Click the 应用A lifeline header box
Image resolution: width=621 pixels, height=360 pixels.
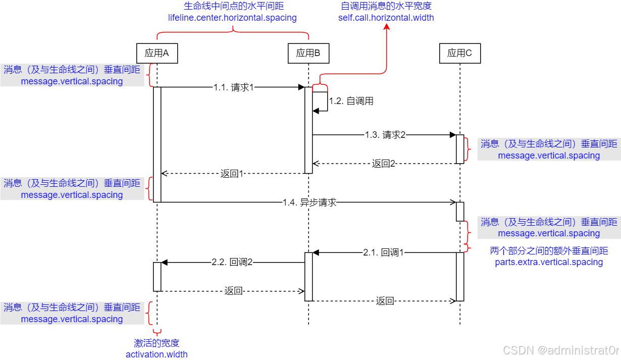pyautogui.click(x=157, y=53)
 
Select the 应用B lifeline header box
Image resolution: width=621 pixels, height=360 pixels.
pyautogui.click(x=308, y=53)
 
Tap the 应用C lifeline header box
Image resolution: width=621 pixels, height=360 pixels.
pyautogui.click(x=459, y=53)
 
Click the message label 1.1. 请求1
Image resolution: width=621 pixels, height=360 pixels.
pyautogui.click(x=233, y=87)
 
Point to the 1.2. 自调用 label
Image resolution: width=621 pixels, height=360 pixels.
pyautogui.click(x=351, y=101)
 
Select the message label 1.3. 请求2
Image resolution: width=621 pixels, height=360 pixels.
pyautogui.click(x=385, y=135)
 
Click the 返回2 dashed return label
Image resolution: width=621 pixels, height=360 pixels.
pyautogui.click(x=384, y=164)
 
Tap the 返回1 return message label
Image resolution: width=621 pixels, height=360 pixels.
pyautogui.click(x=232, y=174)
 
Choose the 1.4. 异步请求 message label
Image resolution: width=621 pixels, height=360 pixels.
pyautogui.click(x=309, y=202)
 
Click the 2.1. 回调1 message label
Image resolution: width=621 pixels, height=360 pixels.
pyautogui.click(x=384, y=252)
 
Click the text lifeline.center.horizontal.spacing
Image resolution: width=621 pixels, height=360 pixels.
pyautogui.click(x=232, y=18)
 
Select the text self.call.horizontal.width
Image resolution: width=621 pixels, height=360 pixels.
pyautogui.click(x=386, y=18)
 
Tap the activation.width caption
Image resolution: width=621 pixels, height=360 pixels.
pyautogui.click(x=157, y=354)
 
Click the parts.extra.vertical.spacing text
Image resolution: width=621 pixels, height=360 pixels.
pyautogui.click(x=549, y=262)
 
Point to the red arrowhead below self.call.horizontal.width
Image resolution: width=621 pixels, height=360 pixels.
pyautogui.click(x=387, y=28)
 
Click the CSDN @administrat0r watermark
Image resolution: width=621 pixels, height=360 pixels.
pyautogui.click(x=561, y=350)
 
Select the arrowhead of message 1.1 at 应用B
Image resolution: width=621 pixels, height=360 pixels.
pyautogui.click(x=301, y=87)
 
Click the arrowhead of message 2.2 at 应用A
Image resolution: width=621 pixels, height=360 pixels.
pyautogui.click(x=164, y=262)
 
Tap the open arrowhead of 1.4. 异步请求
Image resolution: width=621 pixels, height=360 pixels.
pyautogui.click(x=453, y=202)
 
